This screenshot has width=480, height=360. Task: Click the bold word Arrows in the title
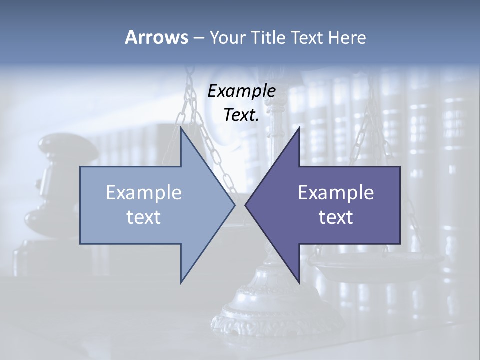pos(156,37)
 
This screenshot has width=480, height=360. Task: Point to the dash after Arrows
pos(198,38)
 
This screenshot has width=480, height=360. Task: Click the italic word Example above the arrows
pos(241,91)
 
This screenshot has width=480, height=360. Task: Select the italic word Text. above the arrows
pos(241,115)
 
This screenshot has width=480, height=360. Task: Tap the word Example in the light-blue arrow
pos(144,192)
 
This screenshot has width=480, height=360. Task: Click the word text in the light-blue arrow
pos(144,217)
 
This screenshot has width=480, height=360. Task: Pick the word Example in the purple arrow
pos(336,192)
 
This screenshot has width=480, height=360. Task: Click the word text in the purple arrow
pos(336,217)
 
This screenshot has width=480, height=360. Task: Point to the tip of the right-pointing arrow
pos(234,205)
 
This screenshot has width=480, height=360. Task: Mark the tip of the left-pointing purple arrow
pos(245,205)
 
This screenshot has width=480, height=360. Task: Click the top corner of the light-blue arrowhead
pos(181,127)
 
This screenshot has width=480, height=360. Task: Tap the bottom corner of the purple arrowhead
pos(299,283)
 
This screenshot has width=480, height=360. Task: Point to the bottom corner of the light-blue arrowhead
pos(181,283)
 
